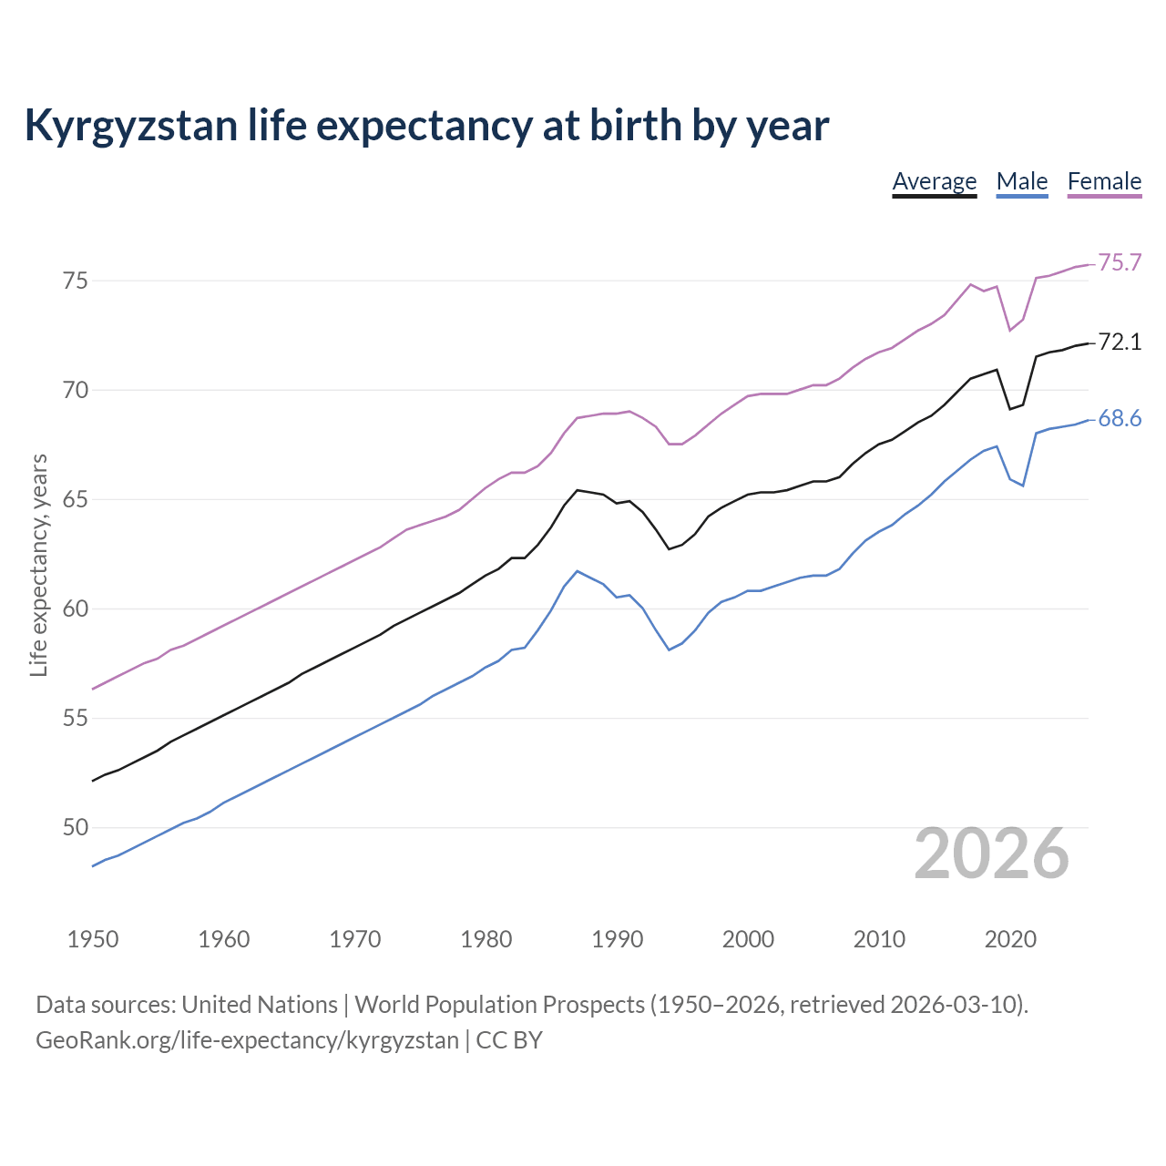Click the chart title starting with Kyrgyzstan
click(x=426, y=126)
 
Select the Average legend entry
click(x=934, y=181)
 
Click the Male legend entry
click(x=1022, y=181)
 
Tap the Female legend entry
click(x=1104, y=181)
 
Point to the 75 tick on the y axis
click(x=75, y=281)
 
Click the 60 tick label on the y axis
click(x=75, y=609)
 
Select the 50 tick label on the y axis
click(x=75, y=828)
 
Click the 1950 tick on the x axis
click(x=93, y=939)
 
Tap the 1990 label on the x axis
click(x=617, y=939)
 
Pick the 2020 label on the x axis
click(x=1009, y=939)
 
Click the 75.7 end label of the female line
click(x=1120, y=263)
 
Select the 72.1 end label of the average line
click(x=1120, y=343)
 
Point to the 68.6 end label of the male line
click(x=1120, y=419)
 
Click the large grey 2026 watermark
click(x=991, y=854)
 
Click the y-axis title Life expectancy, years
click(x=39, y=565)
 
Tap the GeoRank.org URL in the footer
click(x=247, y=1040)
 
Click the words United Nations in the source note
click(x=260, y=1005)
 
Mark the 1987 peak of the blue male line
click(x=577, y=571)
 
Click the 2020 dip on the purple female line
click(x=1009, y=331)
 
